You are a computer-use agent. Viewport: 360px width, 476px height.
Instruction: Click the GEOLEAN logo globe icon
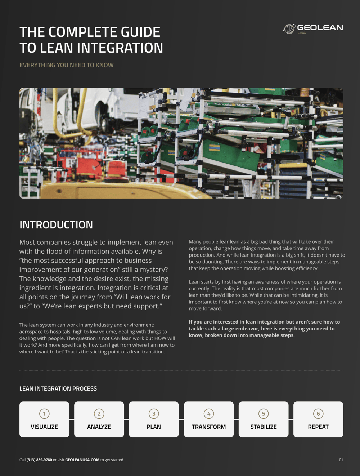click(289, 29)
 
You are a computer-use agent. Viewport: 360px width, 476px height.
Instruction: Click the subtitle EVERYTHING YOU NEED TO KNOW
click(66, 65)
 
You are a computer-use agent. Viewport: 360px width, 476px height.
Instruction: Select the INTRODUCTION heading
click(56, 225)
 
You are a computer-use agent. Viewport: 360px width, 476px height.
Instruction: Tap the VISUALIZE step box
click(44, 419)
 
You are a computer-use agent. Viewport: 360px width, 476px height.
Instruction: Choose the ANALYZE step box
click(99, 419)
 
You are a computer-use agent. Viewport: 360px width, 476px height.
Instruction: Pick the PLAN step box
click(154, 419)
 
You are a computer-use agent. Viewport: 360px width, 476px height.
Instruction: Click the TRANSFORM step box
click(209, 419)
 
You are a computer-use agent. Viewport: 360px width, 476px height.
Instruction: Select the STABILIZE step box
click(264, 419)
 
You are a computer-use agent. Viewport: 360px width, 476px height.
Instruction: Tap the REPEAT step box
click(318, 419)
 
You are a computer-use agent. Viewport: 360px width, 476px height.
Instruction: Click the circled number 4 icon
click(209, 414)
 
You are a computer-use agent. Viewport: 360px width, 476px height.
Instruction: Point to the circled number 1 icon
click(44, 414)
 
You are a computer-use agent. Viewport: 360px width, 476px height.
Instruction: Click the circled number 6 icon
click(318, 414)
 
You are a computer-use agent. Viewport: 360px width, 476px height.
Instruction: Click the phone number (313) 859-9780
click(39, 460)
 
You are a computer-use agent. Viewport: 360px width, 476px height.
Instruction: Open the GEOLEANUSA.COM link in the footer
click(82, 460)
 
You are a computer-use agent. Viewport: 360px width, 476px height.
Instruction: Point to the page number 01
click(341, 460)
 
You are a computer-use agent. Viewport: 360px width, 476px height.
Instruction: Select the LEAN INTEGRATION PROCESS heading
click(58, 388)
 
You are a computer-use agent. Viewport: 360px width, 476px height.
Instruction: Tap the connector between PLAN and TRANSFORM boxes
click(181, 419)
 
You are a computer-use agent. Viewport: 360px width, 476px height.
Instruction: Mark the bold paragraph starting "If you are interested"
click(264, 329)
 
